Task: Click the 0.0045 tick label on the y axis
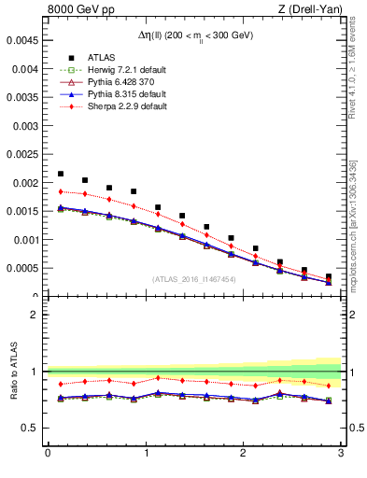tap(23, 40)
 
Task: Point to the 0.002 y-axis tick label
tap(26, 183)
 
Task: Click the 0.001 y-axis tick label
tap(26, 240)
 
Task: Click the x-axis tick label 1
tap(146, 455)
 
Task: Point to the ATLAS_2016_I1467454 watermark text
tap(194, 279)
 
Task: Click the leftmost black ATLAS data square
tap(61, 174)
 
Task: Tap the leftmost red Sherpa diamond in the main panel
tap(61, 191)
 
